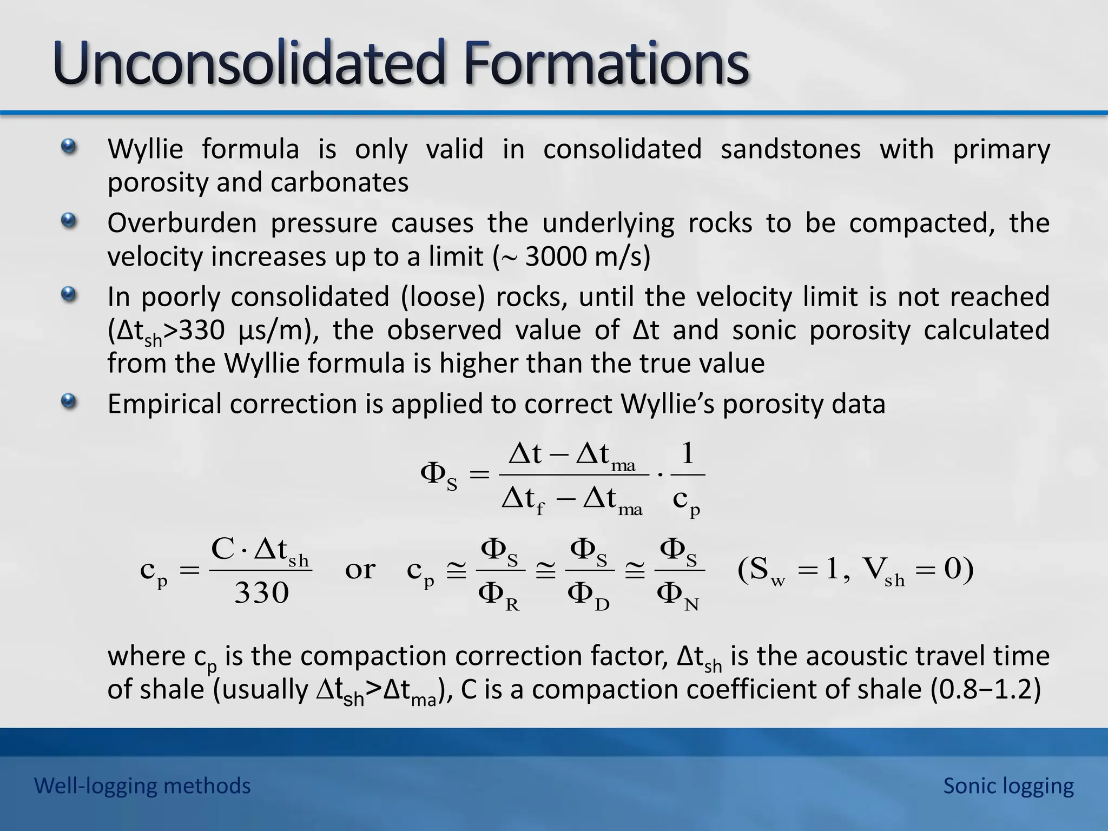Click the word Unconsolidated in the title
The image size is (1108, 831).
coord(249,64)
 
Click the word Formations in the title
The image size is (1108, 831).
coord(606,64)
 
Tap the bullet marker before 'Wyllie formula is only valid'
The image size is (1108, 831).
coord(68,147)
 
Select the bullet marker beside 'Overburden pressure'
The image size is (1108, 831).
coord(68,221)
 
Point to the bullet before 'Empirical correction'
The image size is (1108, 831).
coord(68,402)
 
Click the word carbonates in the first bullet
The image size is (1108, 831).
coord(339,182)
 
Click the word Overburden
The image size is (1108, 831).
coord(182,223)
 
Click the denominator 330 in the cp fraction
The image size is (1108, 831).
coord(261,593)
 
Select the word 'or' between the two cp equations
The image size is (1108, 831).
coord(360,569)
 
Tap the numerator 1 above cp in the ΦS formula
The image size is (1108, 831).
coord(687,453)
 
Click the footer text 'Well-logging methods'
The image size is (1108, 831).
coord(142,786)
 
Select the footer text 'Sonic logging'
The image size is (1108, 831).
coord(1008,786)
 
